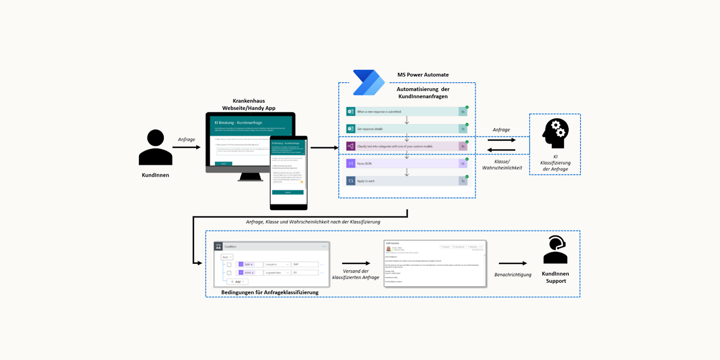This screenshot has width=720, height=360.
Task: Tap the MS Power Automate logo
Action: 368,82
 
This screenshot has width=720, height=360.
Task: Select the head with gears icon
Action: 555,133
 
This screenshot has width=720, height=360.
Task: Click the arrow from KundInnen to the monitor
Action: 186,147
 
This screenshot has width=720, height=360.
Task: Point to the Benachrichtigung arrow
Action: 512,263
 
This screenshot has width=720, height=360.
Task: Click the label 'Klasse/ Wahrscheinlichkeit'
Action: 502,165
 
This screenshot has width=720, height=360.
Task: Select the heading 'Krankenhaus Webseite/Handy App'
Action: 249,105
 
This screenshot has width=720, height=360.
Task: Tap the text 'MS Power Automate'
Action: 423,75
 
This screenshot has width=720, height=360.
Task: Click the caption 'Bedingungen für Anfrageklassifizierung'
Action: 270,292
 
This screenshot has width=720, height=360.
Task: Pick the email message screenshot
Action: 435,263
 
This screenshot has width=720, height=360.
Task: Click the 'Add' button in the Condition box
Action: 237,282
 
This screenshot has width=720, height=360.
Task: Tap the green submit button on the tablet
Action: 288,192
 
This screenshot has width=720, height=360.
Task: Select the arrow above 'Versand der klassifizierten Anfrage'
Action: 356,263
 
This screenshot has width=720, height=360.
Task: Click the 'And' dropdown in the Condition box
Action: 227,257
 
